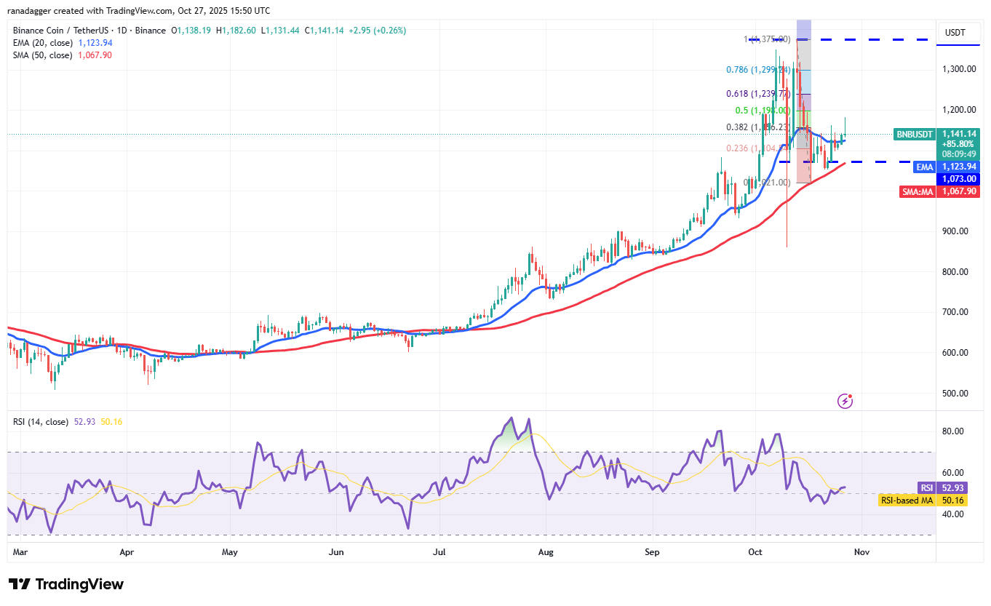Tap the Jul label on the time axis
point(439,552)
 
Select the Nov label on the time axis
point(861,552)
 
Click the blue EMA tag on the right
point(923,167)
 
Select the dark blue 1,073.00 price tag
point(958,179)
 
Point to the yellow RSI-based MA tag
point(906,501)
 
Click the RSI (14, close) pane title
point(41,422)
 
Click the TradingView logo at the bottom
point(66,584)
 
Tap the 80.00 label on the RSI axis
point(953,431)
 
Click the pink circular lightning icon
point(845,400)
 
